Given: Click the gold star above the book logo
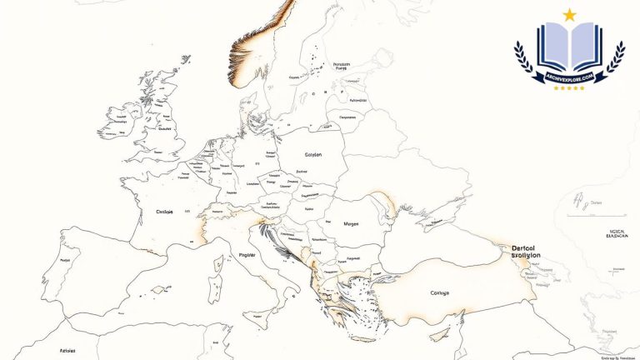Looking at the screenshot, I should tap(570, 14).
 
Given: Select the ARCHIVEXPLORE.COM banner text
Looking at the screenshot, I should tap(569, 77).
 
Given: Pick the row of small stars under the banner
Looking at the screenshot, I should tap(569, 87).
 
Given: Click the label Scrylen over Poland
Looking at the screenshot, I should tap(313, 155).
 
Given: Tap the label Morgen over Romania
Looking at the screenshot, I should tap(351, 224).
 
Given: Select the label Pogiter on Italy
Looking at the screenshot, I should tap(247, 255).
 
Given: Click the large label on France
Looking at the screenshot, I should tap(164, 212).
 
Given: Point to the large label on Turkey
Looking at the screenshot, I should tap(439, 292).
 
